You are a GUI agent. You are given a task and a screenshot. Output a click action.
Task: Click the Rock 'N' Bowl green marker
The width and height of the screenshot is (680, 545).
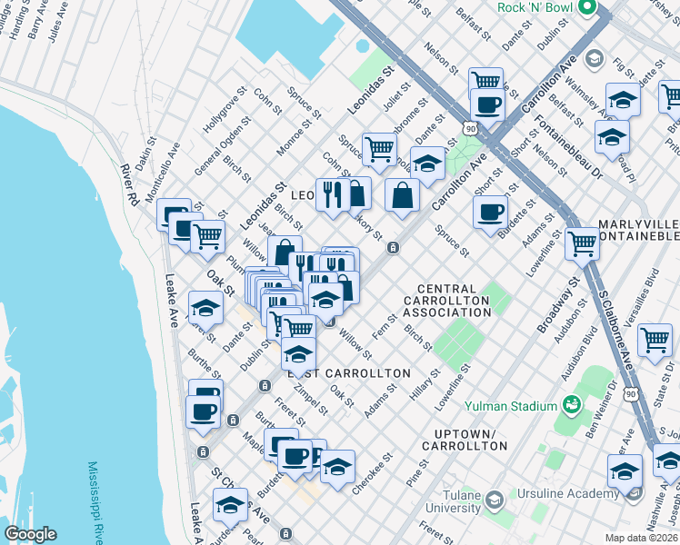[586, 10]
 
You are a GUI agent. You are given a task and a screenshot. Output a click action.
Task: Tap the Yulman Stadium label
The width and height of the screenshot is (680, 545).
[509, 406]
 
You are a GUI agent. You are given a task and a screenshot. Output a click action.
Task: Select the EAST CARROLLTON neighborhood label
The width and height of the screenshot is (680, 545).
[349, 373]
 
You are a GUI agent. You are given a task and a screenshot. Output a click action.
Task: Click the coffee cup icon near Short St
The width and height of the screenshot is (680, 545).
[491, 213]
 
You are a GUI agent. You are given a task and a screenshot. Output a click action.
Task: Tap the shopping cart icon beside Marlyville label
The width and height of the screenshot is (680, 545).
[582, 243]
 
